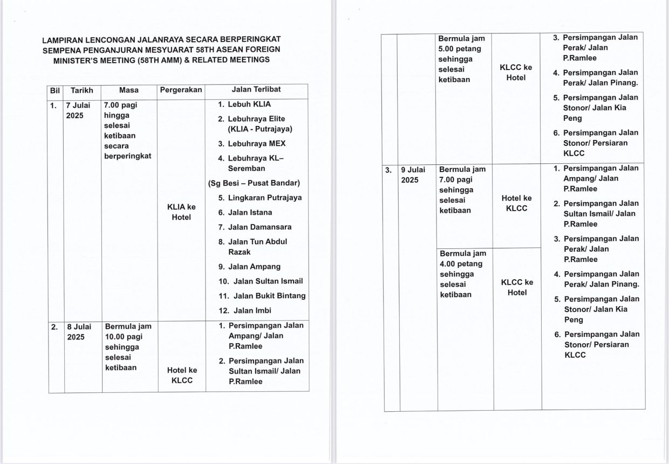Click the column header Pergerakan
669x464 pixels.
pyautogui.click(x=181, y=90)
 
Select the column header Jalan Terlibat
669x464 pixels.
pyautogui.click(x=256, y=89)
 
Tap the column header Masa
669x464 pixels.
pyautogui.click(x=128, y=90)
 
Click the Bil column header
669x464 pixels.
pyautogui.click(x=54, y=90)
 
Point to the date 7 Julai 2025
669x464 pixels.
pyautogui.click(x=78, y=110)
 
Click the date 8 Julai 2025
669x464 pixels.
pyautogui.click(x=79, y=332)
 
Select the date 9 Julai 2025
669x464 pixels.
pyautogui.click(x=413, y=175)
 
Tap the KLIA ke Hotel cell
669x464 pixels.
pyautogui.click(x=181, y=212)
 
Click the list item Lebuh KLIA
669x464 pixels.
pyautogui.click(x=249, y=104)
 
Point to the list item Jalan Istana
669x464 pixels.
pyautogui.click(x=250, y=212)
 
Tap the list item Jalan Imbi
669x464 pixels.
pyautogui.click(x=252, y=310)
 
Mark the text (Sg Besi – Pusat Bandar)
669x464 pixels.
pyautogui.click(x=254, y=183)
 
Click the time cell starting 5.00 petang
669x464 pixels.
pyautogui.click(x=461, y=59)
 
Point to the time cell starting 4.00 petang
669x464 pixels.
pyautogui.click(x=462, y=274)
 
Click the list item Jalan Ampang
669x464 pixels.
pyautogui.click(x=254, y=266)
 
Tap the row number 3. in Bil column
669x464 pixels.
pyautogui.click(x=388, y=170)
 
